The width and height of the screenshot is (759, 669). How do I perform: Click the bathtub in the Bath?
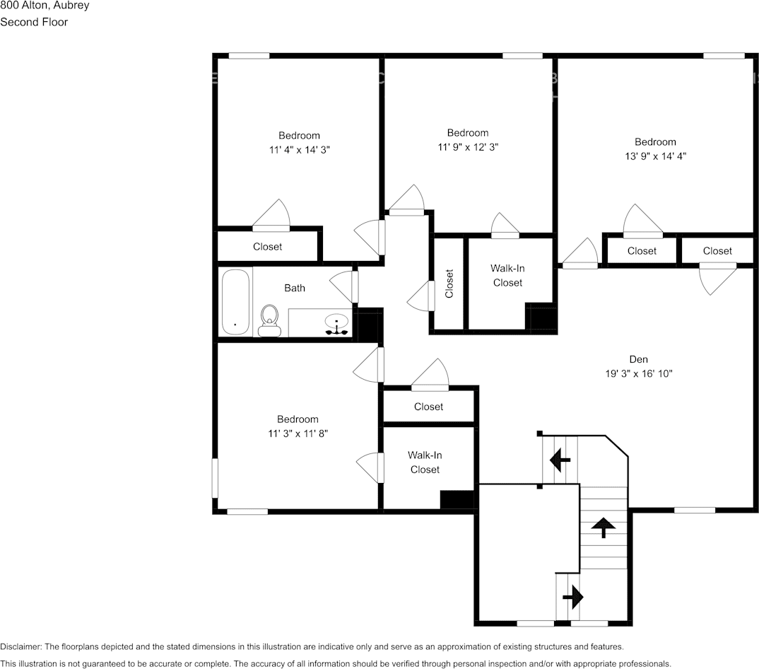(x=235, y=302)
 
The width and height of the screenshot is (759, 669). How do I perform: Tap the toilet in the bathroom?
(x=269, y=320)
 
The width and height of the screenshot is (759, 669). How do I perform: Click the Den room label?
(x=638, y=359)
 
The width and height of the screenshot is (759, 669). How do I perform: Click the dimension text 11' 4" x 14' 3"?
(x=299, y=150)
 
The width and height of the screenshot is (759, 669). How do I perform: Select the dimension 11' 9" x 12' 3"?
(x=467, y=147)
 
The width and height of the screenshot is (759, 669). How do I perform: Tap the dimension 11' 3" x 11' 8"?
(x=298, y=434)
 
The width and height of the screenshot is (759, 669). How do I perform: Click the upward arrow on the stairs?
(x=603, y=527)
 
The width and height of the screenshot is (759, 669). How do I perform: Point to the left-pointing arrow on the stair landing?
(x=560, y=461)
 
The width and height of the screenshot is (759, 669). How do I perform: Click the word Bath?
(x=295, y=288)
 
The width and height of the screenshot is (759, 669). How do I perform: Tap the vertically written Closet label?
(x=449, y=284)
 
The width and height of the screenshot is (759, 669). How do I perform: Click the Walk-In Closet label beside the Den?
(x=507, y=276)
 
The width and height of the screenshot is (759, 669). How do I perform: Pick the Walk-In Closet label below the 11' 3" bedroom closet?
(x=425, y=463)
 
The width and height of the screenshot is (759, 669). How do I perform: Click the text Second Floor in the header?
(x=34, y=22)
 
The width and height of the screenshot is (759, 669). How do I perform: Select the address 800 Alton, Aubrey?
(x=44, y=6)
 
